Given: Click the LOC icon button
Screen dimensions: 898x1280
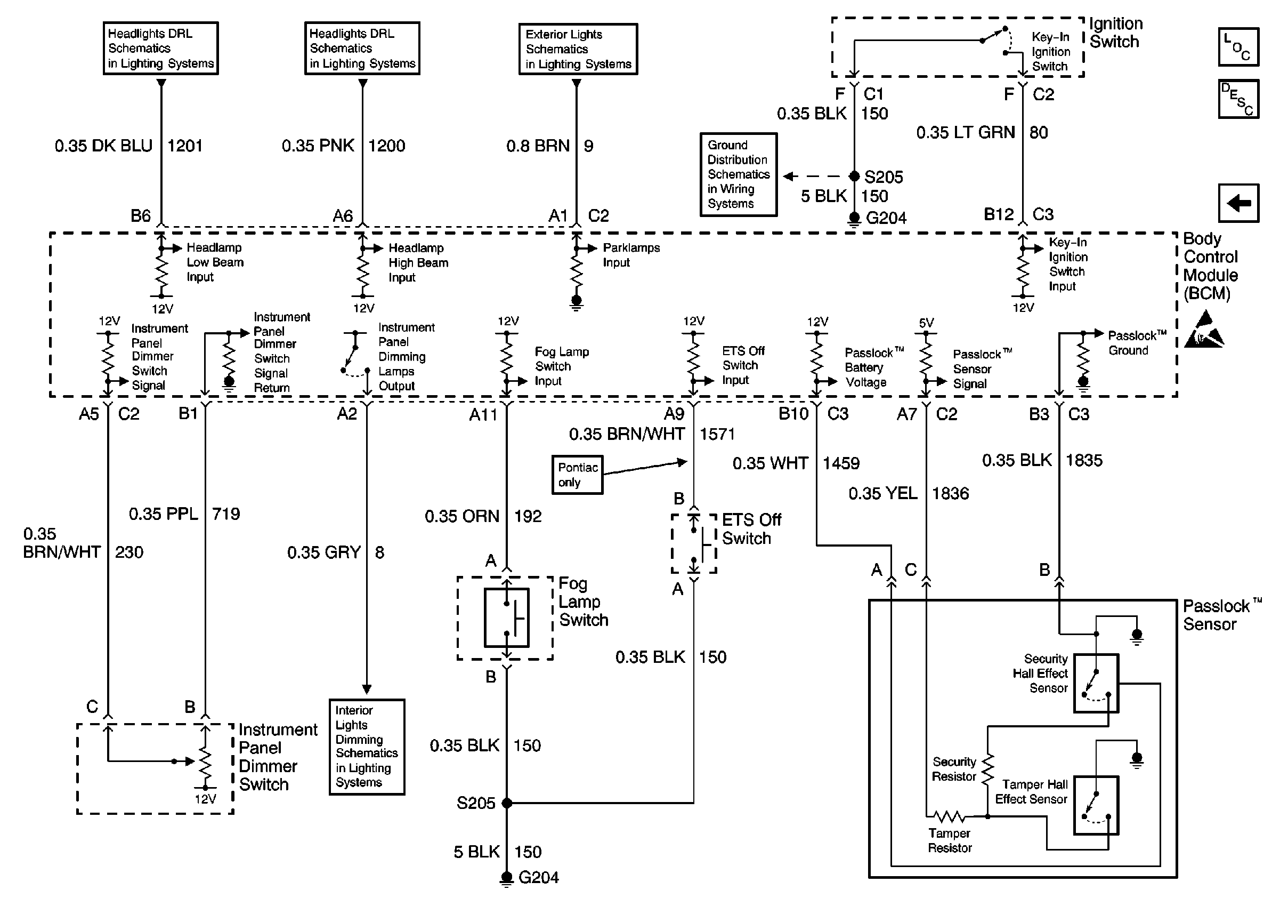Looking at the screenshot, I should [x=1238, y=47].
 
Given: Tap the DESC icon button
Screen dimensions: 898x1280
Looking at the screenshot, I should [x=1238, y=99].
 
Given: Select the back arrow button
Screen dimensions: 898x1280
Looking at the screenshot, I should [x=1238, y=203].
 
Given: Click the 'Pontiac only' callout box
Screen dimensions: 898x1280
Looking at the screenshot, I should [x=577, y=475].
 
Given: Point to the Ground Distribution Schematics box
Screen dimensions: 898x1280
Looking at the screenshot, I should [x=738, y=174].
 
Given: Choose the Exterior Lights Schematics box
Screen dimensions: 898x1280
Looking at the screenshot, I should [x=578, y=49].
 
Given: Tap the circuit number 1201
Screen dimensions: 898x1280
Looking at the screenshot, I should [x=184, y=146].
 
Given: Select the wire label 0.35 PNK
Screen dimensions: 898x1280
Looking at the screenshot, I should [x=317, y=146].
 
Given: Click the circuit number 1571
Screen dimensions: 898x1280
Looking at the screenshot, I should [x=717, y=434].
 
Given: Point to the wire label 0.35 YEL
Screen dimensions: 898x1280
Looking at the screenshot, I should [x=882, y=494].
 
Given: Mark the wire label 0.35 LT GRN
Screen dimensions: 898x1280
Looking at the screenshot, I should [x=966, y=133].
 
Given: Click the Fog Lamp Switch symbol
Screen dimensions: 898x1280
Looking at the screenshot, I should [x=506, y=618].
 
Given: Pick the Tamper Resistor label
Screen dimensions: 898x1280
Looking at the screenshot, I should [x=950, y=840].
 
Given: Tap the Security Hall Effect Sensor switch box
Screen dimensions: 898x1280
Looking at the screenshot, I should [x=1096, y=683].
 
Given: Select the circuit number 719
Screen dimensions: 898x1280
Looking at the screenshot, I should [x=226, y=514].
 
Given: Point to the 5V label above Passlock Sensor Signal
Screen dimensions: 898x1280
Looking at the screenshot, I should [x=926, y=323].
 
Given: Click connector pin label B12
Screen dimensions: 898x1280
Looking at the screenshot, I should [x=998, y=215].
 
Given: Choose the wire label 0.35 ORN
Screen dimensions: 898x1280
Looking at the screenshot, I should [x=461, y=517].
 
